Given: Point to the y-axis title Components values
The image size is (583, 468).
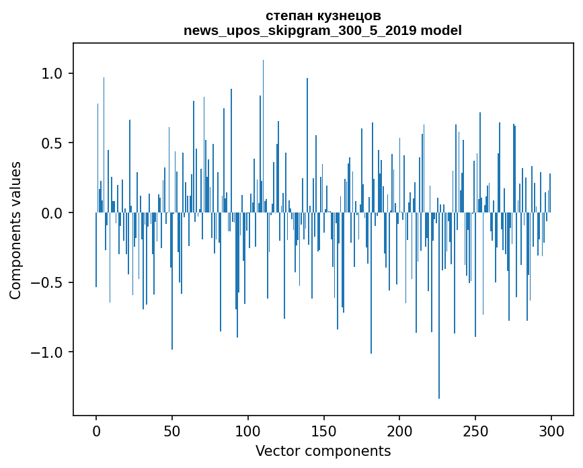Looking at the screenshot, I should point(15,230).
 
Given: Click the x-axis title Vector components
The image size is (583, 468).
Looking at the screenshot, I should point(323,451).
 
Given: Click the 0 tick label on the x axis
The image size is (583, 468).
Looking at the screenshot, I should point(96,430).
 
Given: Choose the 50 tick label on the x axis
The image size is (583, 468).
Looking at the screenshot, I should point(172,430).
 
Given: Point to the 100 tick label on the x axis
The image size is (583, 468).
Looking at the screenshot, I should point(247,430).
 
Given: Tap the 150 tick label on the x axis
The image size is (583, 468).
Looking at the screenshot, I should point(323,430).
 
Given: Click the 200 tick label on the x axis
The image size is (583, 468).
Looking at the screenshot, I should point(399,430).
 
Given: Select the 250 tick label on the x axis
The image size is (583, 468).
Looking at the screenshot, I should point(475,430).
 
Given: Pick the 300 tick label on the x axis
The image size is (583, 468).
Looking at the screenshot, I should point(551,430).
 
